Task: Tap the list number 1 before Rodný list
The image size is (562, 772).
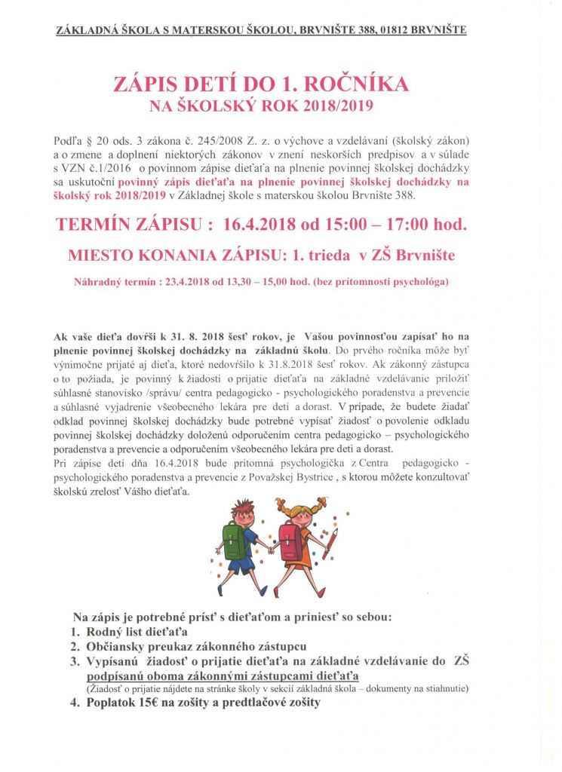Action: point(75,631)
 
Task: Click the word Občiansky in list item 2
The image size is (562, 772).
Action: point(123,646)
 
